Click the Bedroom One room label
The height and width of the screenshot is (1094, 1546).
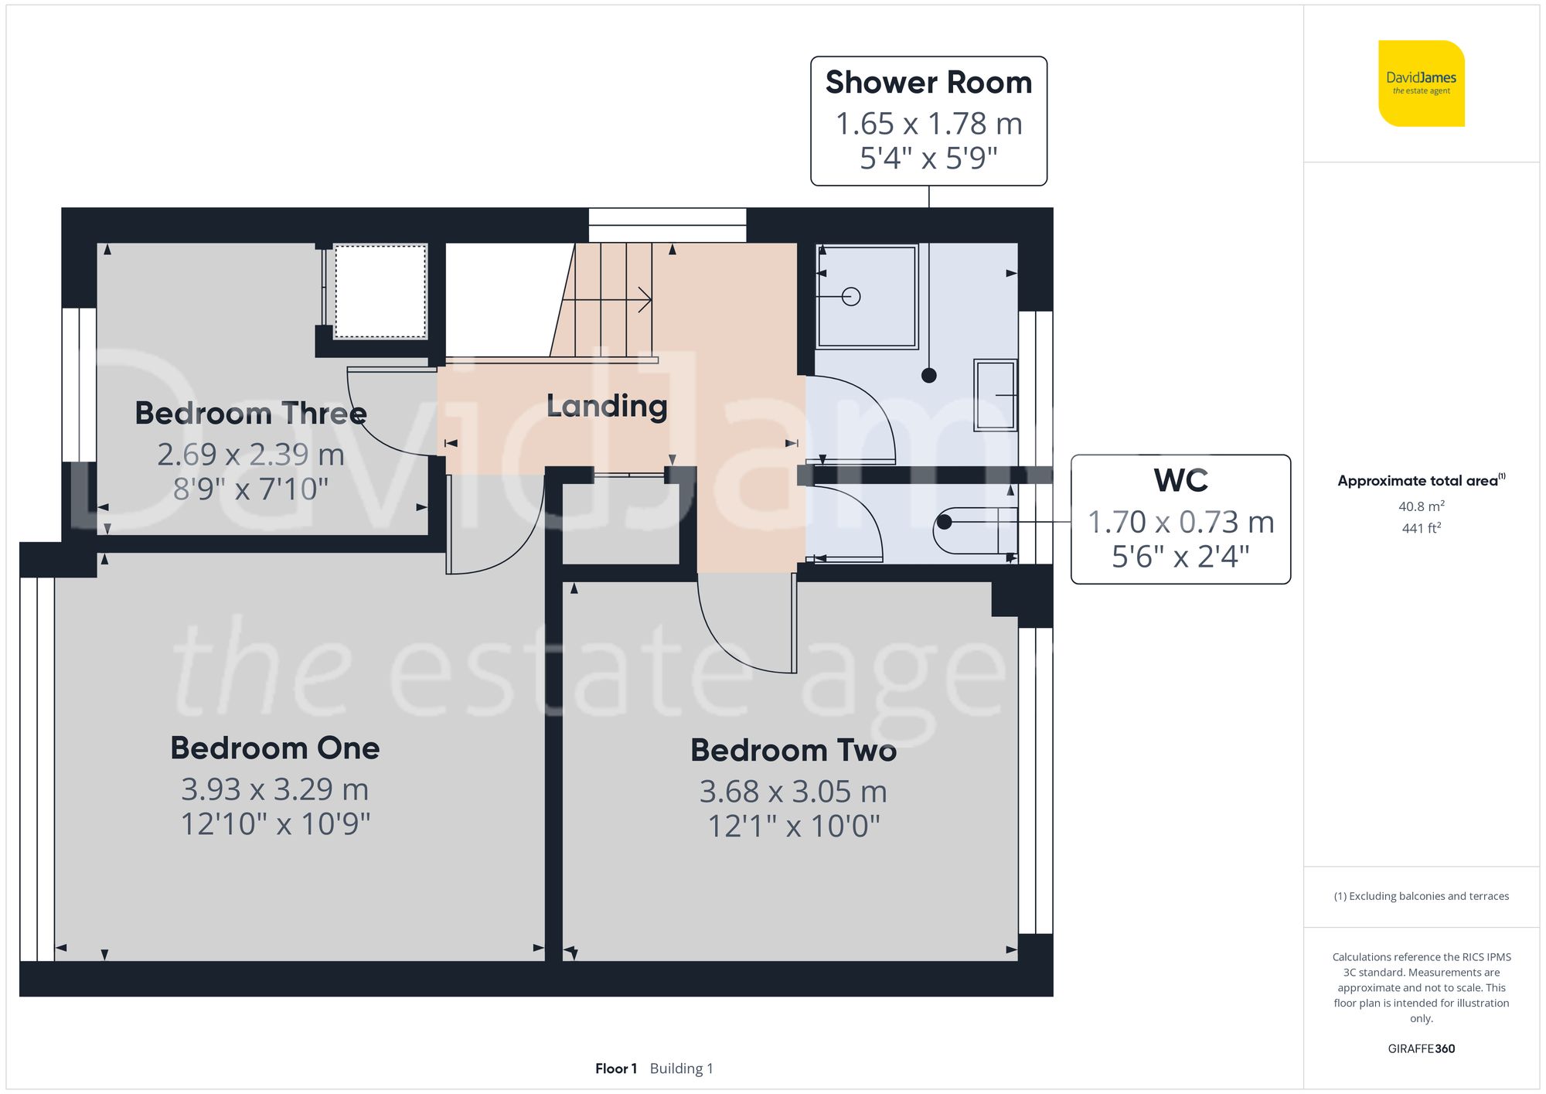tap(275, 748)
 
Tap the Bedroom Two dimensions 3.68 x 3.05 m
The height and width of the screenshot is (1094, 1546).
tap(793, 792)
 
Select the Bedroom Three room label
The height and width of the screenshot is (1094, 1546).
tap(250, 413)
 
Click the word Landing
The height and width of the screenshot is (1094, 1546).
tap(607, 406)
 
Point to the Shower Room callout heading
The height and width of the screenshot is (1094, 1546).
tap(928, 83)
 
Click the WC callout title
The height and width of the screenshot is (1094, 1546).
tap(1180, 481)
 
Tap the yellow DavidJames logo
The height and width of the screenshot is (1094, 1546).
tap(1421, 83)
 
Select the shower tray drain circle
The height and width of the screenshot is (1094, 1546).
tap(851, 296)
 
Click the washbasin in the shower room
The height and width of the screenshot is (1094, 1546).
tap(995, 394)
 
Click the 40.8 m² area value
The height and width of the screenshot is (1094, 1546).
tap(1421, 506)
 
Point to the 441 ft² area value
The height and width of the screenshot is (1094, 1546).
tap(1421, 528)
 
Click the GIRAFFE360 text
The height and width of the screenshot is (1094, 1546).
tap(1421, 1048)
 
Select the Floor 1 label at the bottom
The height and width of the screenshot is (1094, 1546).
tap(615, 1068)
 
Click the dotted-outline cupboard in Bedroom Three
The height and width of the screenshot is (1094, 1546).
tap(380, 291)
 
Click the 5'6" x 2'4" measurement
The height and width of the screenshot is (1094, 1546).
tap(1180, 557)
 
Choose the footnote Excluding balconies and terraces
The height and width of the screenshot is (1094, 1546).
tap(1421, 896)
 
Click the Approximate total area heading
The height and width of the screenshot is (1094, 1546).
tap(1418, 481)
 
